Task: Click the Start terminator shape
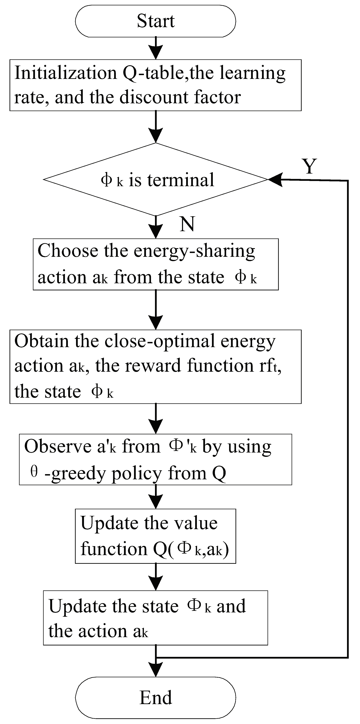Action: coord(155,21)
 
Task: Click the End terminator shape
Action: coord(155,698)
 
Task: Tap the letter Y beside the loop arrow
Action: coord(309,166)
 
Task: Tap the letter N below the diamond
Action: coord(187,224)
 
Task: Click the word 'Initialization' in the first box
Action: coord(65,73)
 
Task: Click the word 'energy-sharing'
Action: coord(194,251)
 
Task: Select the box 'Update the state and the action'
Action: coord(155,618)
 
